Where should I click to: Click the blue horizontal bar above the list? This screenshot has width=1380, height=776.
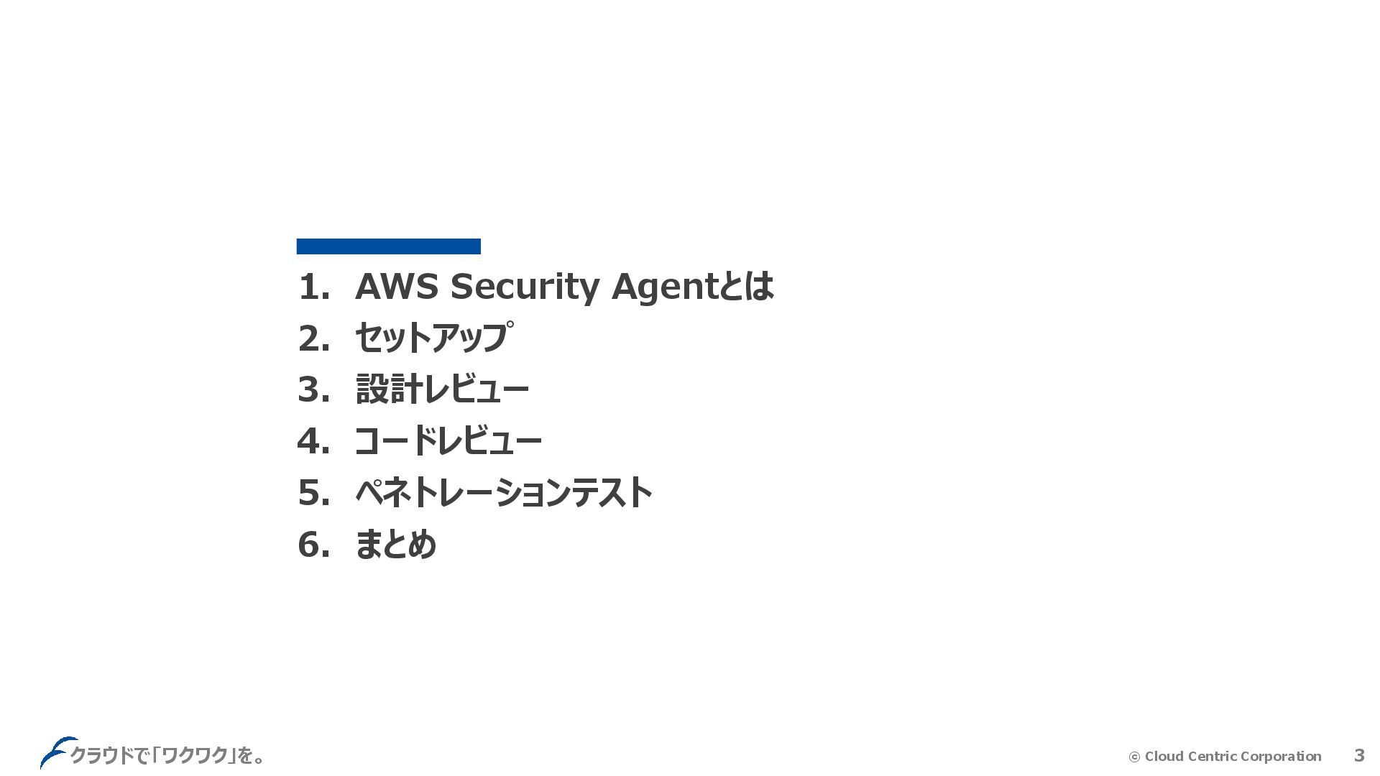click(388, 246)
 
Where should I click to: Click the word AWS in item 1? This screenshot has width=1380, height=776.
click(396, 286)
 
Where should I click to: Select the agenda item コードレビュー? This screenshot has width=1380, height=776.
click(448, 440)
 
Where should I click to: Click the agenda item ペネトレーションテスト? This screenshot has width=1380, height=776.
click(503, 493)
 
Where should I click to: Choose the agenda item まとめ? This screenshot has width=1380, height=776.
click(395, 544)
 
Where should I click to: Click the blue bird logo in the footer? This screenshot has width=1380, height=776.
click(55, 752)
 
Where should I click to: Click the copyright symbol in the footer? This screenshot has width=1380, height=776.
click(1134, 757)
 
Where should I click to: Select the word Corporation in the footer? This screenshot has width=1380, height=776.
click(1281, 756)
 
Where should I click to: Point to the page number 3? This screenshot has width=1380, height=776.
click(1358, 755)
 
